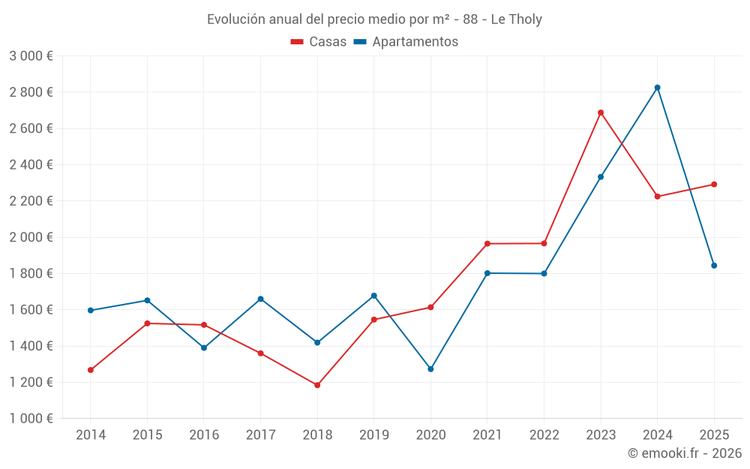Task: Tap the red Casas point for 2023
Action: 601,113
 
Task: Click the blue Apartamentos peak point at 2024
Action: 658,88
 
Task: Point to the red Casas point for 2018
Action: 317,385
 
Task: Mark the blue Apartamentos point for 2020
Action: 430,369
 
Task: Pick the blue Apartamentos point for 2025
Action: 714,266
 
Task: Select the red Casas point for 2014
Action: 91,370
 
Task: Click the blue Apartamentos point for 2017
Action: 260,299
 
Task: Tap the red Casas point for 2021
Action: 487,244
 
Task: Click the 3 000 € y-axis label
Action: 31,56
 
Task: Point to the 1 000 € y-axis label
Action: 31,419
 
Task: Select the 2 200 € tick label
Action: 31,201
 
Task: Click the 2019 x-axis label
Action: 373,435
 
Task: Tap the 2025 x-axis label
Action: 714,435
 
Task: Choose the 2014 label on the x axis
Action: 91,435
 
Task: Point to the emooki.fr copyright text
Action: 684,453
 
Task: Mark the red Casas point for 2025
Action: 714,185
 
